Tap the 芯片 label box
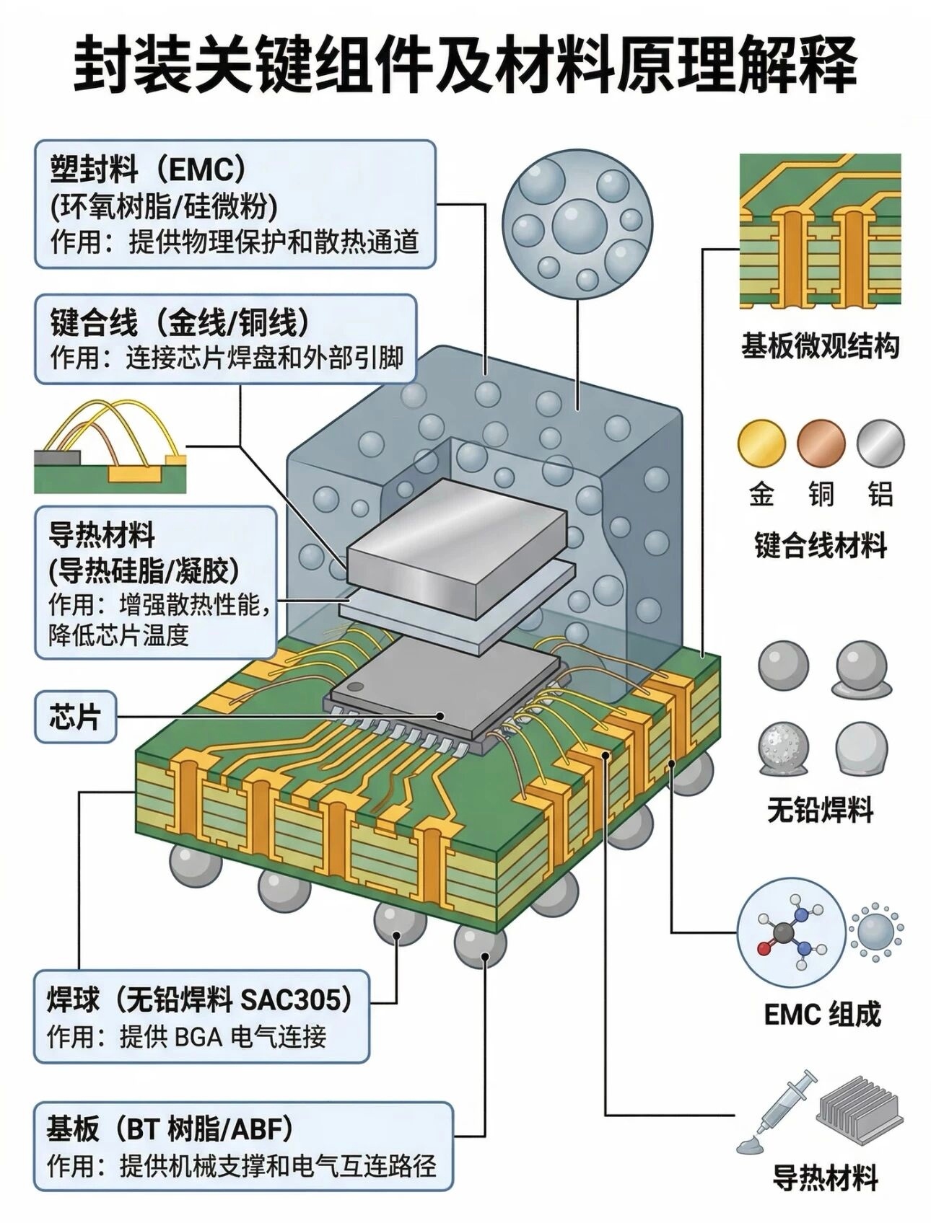coord(75,717)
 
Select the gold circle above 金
coord(761,443)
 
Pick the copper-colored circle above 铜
coord(821,443)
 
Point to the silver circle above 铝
coord(880,443)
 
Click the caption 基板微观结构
coord(821,346)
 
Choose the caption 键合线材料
coord(821,546)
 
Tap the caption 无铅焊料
coord(821,810)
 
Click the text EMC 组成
coord(823,1014)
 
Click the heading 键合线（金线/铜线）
coord(180,322)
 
